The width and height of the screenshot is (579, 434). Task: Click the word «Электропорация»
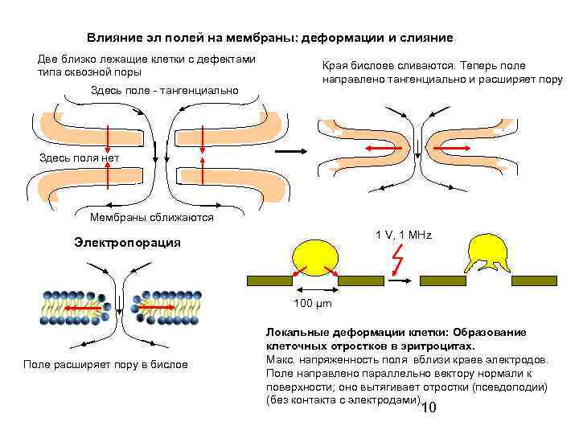tap(126, 243)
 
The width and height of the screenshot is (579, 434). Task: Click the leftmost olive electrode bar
tap(269, 280)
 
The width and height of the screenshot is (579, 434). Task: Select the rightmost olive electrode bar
tap(535, 280)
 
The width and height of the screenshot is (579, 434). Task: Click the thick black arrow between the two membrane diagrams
tap(295, 149)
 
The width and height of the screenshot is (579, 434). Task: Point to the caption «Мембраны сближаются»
tap(152, 218)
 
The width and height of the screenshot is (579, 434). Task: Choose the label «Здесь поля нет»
tap(79, 158)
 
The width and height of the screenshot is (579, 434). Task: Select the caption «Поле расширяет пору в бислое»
tap(105, 365)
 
